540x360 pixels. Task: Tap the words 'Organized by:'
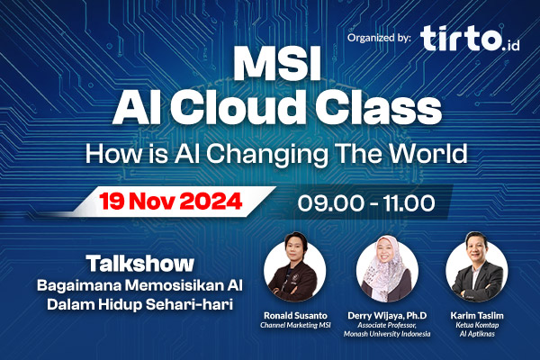click(x=379, y=38)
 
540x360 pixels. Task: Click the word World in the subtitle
click(x=427, y=153)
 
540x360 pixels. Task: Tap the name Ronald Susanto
click(x=296, y=316)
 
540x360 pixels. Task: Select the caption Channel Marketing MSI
click(x=296, y=326)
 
